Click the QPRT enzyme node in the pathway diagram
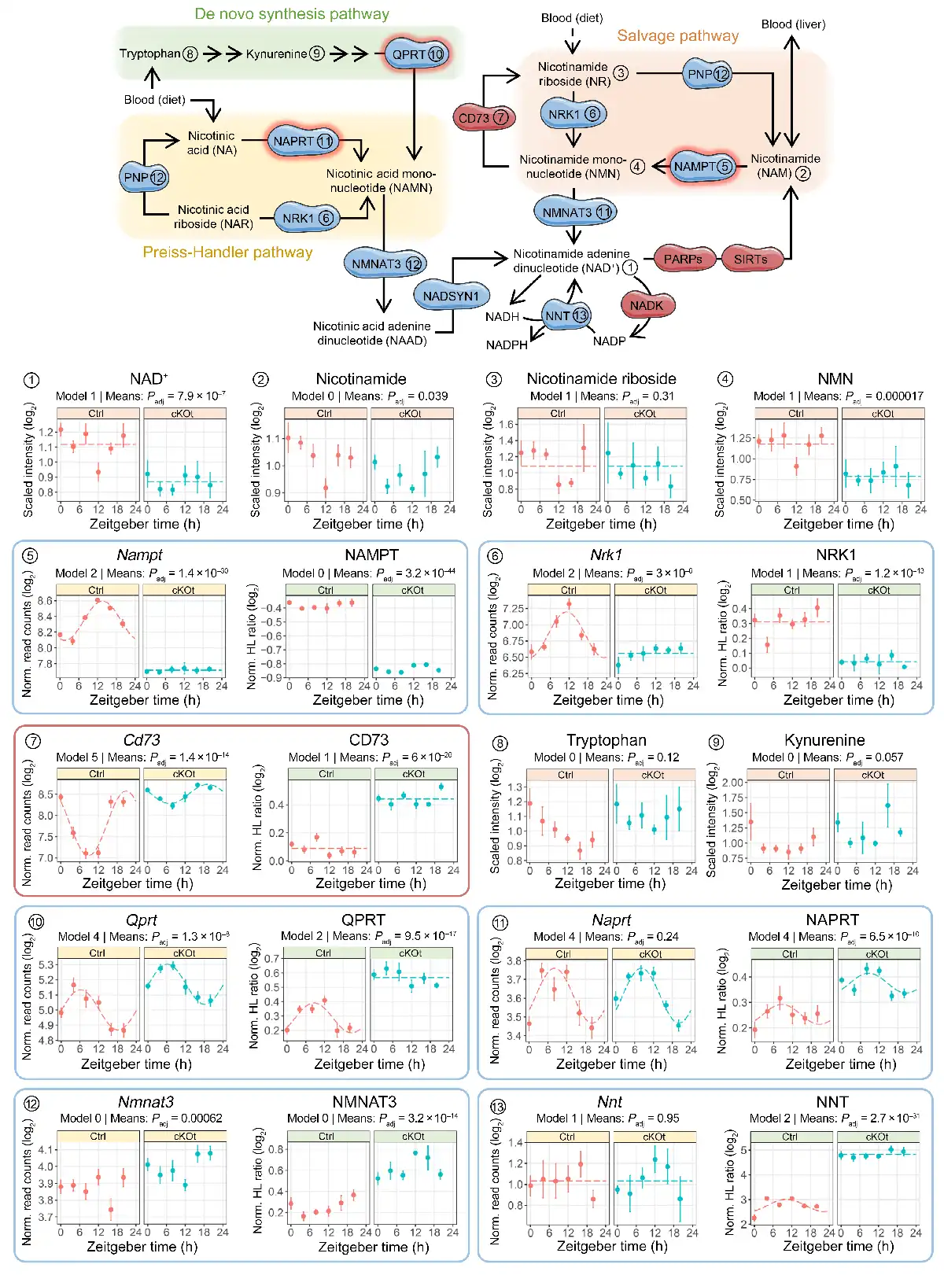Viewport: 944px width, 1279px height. point(417,54)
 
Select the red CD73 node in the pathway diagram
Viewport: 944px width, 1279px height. point(482,118)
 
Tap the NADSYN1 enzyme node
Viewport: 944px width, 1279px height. point(451,296)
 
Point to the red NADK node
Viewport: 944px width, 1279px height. point(646,305)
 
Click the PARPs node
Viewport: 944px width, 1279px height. point(683,259)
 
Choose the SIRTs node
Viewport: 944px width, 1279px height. point(750,259)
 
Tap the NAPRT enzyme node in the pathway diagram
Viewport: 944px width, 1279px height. point(303,142)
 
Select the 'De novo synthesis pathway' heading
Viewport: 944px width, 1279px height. point(292,14)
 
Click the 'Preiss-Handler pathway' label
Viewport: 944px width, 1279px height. point(227,252)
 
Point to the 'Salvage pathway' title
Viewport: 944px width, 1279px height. point(677,36)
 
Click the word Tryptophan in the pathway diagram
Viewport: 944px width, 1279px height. point(150,53)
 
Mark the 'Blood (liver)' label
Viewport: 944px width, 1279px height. point(793,24)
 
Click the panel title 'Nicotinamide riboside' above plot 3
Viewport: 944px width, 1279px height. point(601,379)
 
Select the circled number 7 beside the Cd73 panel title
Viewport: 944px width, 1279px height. point(33,741)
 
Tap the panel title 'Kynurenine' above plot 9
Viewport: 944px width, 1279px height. point(824,740)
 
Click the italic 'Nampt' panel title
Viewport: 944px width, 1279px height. point(139,555)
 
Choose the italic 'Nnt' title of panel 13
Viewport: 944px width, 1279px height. point(610,1102)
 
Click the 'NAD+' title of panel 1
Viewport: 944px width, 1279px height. point(149,379)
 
